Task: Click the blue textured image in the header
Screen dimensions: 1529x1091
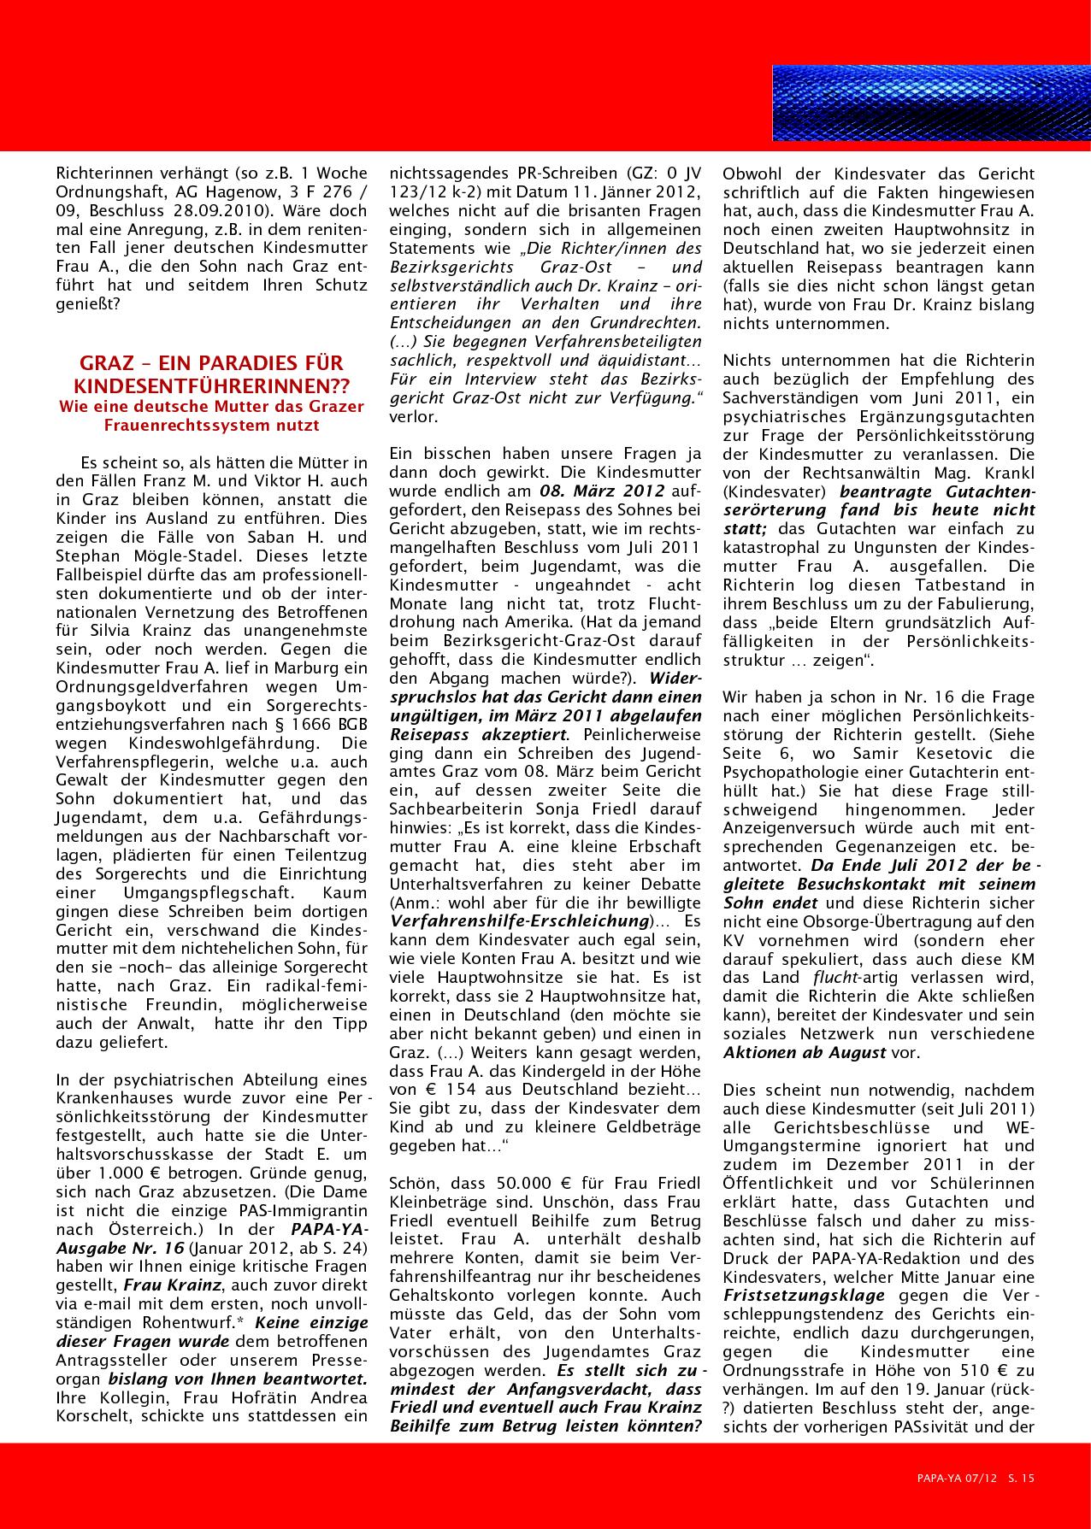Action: pos(930,103)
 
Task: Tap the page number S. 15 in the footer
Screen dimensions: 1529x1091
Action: pos(1022,1476)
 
